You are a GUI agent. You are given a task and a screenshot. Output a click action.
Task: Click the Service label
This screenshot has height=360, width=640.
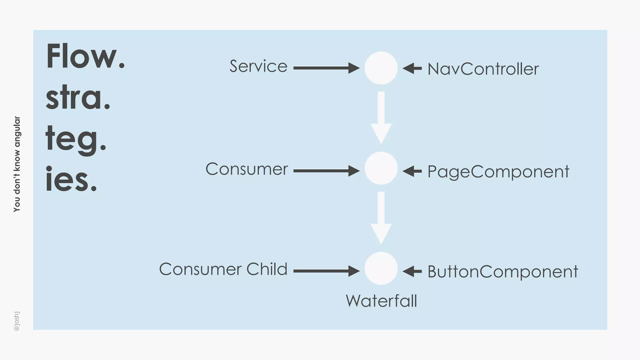coord(258,66)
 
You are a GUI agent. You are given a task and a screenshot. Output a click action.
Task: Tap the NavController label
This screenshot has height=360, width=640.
coord(483,69)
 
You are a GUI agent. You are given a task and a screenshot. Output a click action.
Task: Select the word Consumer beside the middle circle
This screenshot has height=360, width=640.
coord(247,169)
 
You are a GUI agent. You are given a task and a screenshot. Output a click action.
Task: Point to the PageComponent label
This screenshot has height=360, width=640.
coord(498,172)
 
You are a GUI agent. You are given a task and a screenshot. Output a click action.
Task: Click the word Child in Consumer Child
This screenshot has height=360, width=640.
coord(267,269)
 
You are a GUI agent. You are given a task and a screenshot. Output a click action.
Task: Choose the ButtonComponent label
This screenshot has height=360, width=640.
coord(502,272)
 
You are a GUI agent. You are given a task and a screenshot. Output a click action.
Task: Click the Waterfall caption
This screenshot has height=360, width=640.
coord(381,301)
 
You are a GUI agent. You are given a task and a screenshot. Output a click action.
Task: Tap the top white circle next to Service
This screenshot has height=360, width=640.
coord(381,68)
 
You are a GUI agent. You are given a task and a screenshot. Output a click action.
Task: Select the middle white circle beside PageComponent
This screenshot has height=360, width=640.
coord(381,168)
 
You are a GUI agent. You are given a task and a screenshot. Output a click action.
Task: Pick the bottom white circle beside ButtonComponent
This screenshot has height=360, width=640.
coord(381,268)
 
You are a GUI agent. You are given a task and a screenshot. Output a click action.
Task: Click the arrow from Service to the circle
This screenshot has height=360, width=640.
coord(326,68)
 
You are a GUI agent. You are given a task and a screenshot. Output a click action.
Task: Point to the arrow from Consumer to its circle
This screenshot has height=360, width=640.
coord(326,171)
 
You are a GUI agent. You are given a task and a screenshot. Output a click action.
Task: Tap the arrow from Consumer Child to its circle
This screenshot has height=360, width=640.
coord(326,271)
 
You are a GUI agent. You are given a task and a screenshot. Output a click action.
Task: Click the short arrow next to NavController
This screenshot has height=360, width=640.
coord(412,68)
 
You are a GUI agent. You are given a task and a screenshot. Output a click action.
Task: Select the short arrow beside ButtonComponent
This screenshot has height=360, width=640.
coord(412,271)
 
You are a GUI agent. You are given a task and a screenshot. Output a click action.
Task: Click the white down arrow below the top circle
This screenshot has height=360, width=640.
coord(381,117)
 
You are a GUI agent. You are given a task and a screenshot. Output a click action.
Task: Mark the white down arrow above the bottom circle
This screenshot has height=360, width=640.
coord(381,217)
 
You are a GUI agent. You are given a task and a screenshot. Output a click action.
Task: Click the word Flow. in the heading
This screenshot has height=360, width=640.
coord(85,57)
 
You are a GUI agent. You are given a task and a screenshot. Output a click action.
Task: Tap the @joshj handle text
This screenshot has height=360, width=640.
coord(17,321)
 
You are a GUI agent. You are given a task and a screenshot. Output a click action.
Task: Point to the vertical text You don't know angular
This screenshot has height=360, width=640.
coord(17,164)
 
